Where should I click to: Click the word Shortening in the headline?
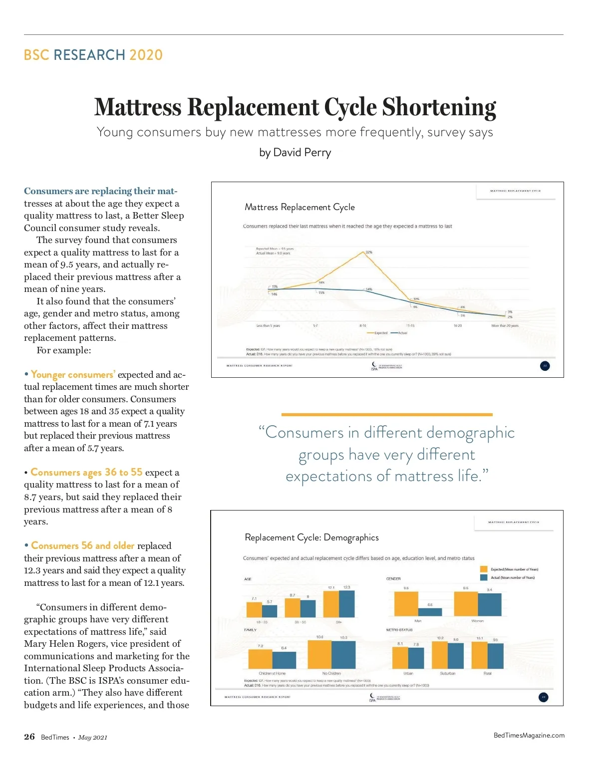pos(439,108)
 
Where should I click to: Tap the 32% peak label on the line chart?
pos(369,252)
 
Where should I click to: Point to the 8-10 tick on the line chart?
pos(363,325)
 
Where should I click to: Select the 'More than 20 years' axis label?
pos(505,325)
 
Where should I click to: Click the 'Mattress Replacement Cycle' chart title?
pos(299,207)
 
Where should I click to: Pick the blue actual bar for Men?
pos(430,612)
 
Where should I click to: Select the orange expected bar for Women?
pos(466,604)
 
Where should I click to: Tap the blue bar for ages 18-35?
pos(270,611)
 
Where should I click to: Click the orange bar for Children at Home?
pos(260,659)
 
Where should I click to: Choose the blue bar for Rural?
pos(495,656)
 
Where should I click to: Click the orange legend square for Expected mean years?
pos(483,569)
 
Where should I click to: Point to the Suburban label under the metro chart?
pos(448,673)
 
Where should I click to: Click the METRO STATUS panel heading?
pos(399,630)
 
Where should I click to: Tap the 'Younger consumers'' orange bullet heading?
pos(73,375)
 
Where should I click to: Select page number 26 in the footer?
pos(29,737)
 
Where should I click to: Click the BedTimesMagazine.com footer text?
pos(529,735)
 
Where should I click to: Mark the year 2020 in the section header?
pos(146,55)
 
